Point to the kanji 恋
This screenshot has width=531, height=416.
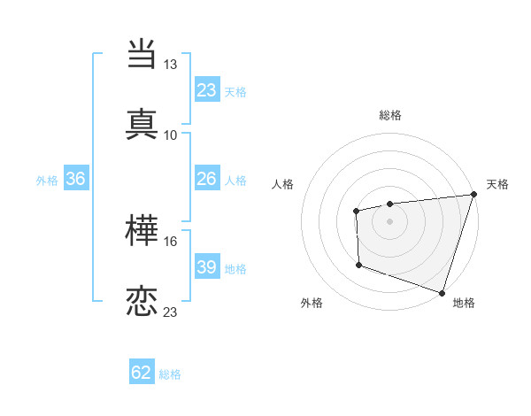[142, 301]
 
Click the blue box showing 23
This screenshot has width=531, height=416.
[206, 89]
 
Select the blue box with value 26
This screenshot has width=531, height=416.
[206, 179]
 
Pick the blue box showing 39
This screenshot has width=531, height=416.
[206, 267]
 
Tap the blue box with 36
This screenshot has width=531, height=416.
[76, 179]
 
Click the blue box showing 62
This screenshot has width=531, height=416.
[142, 373]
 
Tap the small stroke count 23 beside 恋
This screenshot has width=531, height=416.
[170, 312]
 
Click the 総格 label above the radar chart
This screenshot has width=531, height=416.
[389, 115]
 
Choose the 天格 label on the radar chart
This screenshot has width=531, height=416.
[497, 184]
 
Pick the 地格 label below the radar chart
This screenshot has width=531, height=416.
[464, 303]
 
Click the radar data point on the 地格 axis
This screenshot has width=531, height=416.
[442, 292]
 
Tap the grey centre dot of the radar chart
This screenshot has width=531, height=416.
[389, 220]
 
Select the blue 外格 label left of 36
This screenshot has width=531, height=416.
[47, 180]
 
